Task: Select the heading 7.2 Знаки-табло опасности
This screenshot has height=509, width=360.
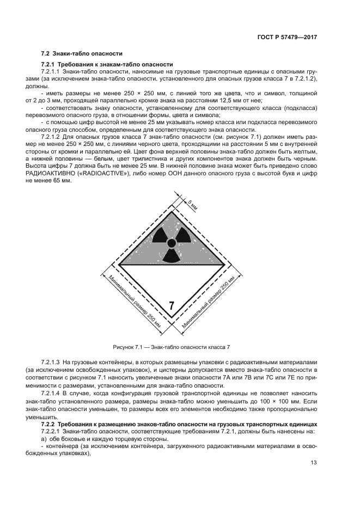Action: (x=82, y=53)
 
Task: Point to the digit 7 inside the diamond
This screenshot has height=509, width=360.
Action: (x=172, y=305)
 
